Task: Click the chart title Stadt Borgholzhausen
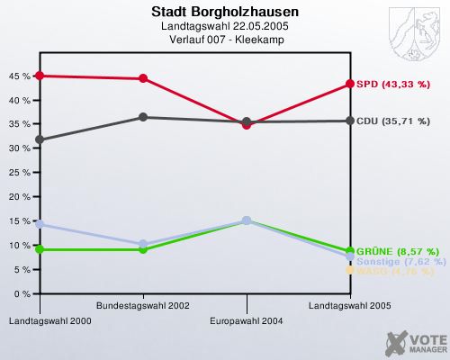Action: point(225,13)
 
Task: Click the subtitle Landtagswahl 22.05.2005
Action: point(225,27)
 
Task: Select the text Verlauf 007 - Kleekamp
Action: point(225,40)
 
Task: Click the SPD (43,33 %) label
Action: point(392,84)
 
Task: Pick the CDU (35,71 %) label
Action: point(393,121)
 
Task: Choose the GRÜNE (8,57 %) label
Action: point(397,251)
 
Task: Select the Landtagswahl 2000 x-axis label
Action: point(40,320)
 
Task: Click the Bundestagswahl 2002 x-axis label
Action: point(142,306)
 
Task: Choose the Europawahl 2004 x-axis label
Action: point(246,320)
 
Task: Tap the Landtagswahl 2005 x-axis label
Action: point(349,306)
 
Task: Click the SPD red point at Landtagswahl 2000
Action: point(40,76)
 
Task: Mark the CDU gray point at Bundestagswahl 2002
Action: point(143,117)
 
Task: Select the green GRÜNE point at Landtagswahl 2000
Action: point(40,249)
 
